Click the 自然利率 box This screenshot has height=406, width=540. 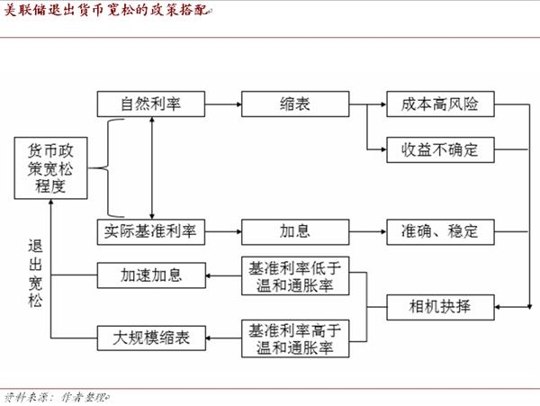point(151,104)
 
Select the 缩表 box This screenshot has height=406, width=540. point(295,104)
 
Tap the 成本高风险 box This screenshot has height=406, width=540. point(440,104)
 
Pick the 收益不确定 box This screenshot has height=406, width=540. point(440,149)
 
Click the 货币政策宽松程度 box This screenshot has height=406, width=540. point(50,168)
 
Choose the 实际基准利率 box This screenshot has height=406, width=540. point(151,231)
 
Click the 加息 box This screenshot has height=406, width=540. point(295,231)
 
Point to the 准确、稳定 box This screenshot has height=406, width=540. point(440,231)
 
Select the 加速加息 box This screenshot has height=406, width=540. point(151,275)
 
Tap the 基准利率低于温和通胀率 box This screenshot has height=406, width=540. point(295,275)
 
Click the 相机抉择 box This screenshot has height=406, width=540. point(440,307)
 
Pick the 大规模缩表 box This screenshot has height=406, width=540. point(151,338)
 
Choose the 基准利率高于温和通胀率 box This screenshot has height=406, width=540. point(295,338)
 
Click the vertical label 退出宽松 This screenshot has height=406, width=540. point(35,273)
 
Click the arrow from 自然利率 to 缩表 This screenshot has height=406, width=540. point(223,104)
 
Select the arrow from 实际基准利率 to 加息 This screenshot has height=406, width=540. point(223,231)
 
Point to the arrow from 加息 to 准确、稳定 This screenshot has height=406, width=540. point(368,231)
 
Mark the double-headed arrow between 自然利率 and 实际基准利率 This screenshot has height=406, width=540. point(152,168)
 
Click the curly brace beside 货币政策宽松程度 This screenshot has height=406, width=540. point(108,168)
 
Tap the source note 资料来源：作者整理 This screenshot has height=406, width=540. point(57,398)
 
